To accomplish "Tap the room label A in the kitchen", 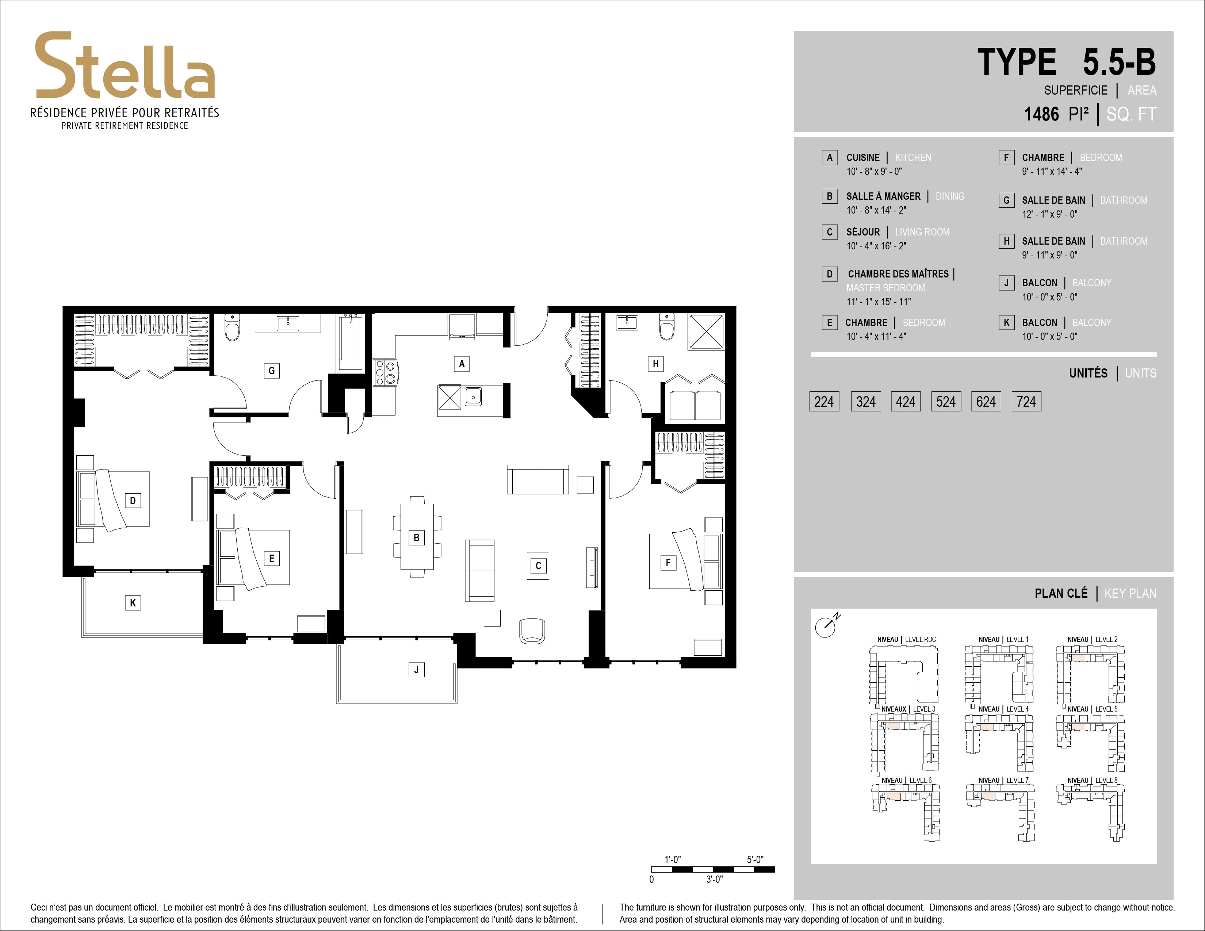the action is click(462, 364).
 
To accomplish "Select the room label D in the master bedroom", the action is click(133, 501).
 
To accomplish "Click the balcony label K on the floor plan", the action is click(133, 603).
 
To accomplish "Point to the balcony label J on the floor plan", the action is click(417, 670).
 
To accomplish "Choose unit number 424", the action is click(906, 402).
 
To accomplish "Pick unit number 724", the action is click(1026, 402).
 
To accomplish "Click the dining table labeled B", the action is click(417, 537).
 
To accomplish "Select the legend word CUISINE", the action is click(863, 158).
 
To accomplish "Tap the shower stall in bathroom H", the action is click(706, 332).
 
